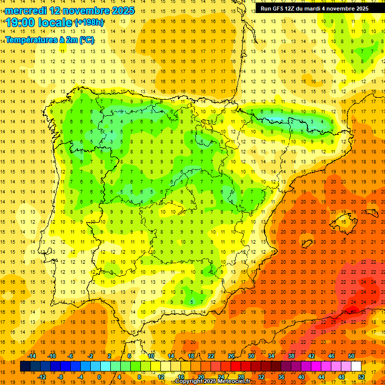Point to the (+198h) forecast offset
coord(89,23)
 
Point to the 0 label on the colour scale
coord(99,377)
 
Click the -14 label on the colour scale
coord(32,356)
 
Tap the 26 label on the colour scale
coord(231,356)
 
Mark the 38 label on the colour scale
coord(291,356)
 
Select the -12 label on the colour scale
coord(42,377)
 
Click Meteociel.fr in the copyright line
coord(234,382)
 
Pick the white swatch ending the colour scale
coord(356,366)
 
